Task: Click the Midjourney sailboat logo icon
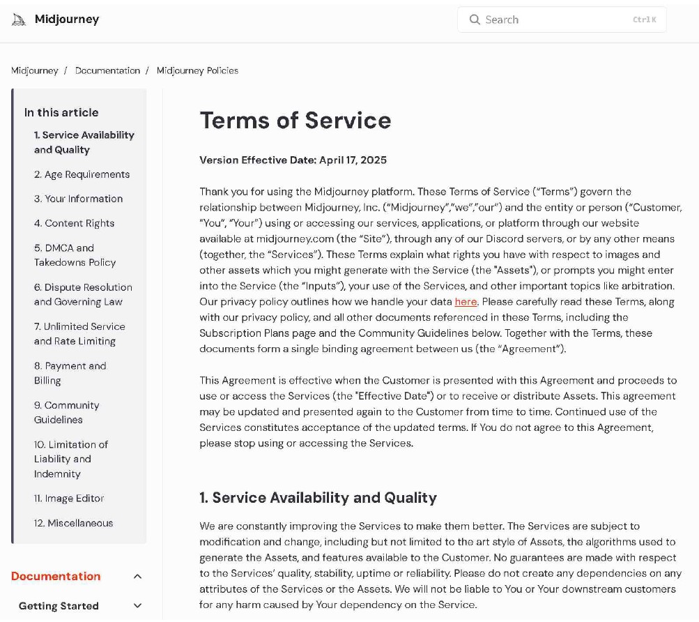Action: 19,20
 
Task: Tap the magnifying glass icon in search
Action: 475,20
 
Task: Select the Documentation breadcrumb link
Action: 107,70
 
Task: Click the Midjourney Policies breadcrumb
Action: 197,70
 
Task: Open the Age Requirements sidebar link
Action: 82,174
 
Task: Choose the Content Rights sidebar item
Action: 74,223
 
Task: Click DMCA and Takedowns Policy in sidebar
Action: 75,255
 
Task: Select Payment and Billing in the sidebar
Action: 70,373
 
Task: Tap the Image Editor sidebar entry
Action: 69,499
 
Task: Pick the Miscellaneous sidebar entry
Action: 73,523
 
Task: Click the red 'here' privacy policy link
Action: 466,302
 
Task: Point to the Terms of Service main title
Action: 295,121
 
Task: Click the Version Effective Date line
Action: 293,160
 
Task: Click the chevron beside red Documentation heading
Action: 137,577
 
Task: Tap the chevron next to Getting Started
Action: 137,606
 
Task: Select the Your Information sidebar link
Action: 78,199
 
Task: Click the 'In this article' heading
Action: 61,112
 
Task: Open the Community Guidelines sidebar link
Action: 66,412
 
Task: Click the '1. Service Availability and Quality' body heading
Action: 318,498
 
